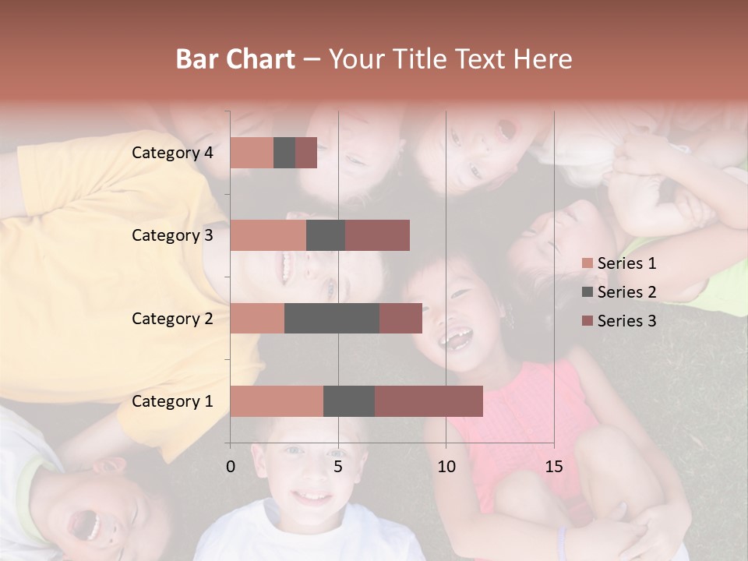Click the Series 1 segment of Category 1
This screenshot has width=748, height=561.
(x=277, y=401)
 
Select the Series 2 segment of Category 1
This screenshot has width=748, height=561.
(x=349, y=401)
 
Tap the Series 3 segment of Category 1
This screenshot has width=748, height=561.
(x=429, y=401)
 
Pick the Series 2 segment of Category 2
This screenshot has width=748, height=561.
(x=332, y=318)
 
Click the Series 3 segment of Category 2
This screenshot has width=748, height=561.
(x=400, y=318)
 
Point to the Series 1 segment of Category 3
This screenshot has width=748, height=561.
(x=268, y=235)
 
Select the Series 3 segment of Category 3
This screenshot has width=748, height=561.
(x=377, y=235)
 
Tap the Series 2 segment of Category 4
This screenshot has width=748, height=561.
(x=284, y=153)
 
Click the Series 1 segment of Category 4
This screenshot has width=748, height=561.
(x=252, y=153)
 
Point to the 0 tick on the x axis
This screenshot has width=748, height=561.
(x=231, y=467)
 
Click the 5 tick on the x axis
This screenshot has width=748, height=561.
(x=338, y=467)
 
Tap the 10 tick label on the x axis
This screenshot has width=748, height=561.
(x=446, y=467)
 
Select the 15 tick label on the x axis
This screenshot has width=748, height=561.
(x=554, y=467)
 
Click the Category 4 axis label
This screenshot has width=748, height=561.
(x=172, y=153)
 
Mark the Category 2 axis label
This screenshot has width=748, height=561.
(x=172, y=318)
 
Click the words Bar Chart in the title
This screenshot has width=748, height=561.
(x=235, y=59)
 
